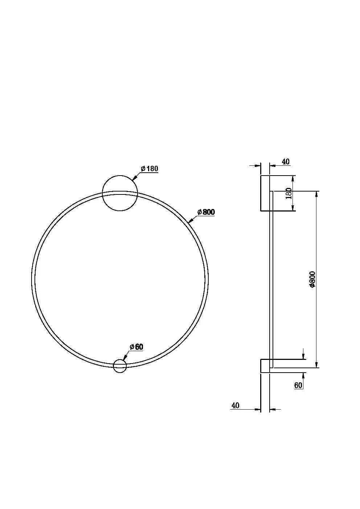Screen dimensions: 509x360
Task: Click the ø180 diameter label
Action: tap(150, 169)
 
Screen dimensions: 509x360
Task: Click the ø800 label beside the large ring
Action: tap(206, 212)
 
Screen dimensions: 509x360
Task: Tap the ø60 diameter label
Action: tap(136, 347)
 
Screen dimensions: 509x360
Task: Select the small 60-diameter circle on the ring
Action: tap(120, 366)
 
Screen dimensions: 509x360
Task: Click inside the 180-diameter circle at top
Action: tap(120, 193)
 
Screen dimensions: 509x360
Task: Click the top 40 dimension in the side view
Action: tap(286, 161)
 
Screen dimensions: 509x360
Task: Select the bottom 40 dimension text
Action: tap(235, 405)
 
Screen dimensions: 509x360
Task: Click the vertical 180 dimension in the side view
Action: tap(289, 193)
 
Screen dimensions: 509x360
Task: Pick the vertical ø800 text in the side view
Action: tap(312, 279)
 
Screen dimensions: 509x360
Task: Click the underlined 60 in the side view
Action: tap(298, 385)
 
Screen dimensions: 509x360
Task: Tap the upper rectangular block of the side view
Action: tap(265, 193)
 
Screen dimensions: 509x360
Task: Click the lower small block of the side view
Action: tap(265, 366)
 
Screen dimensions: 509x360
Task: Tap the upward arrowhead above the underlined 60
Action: tap(303, 375)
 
